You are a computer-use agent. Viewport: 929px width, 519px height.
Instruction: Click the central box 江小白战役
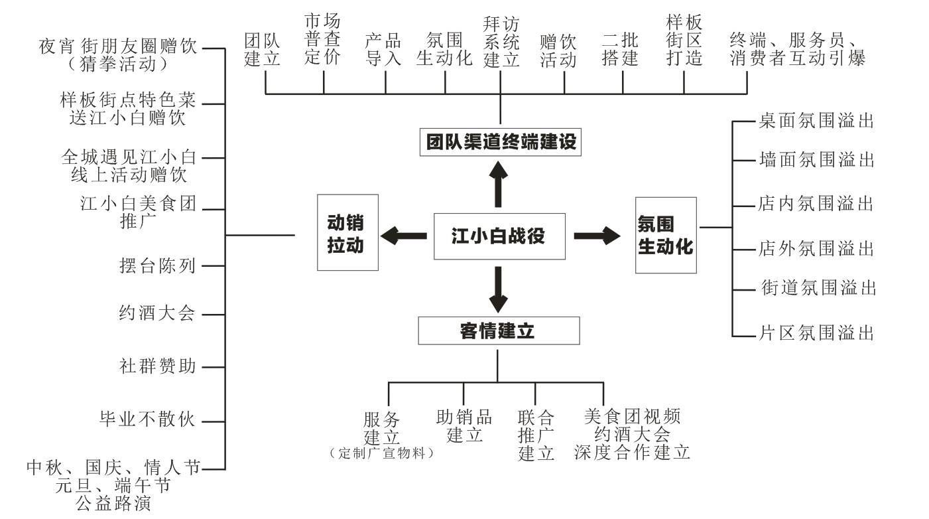pos(499,236)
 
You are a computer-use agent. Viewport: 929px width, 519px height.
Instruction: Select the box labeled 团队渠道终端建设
pos(500,142)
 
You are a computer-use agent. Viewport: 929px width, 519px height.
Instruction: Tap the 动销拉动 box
pos(347,232)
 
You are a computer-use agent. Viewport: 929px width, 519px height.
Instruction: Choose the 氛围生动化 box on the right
pos(666,235)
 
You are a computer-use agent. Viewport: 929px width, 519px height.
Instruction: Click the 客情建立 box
pos(499,331)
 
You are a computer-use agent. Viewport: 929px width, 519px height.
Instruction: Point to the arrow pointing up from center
pos(498,184)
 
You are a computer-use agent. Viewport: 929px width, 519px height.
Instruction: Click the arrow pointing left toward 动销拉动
pos(403,236)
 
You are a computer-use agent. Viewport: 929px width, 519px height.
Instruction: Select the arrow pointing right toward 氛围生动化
pos(597,236)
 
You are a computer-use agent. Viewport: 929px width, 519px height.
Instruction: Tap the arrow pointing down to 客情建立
pos(498,289)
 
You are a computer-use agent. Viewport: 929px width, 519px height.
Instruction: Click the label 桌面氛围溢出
pos(816,121)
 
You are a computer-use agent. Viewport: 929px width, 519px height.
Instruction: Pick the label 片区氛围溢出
pos(816,333)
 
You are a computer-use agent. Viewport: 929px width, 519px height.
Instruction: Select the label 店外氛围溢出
pos(816,248)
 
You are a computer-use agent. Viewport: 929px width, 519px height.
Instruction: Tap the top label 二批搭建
pos(620,49)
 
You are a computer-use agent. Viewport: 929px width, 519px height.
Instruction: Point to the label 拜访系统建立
pos(501,42)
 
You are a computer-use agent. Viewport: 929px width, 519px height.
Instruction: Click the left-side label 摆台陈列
pos(157,265)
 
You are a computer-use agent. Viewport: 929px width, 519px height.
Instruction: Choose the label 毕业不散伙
pos(147,419)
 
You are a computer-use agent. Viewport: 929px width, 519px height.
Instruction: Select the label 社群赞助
pos(157,366)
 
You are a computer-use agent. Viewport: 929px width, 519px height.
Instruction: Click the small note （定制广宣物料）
pos(381,453)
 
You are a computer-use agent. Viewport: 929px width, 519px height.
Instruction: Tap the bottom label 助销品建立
pos(464,426)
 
